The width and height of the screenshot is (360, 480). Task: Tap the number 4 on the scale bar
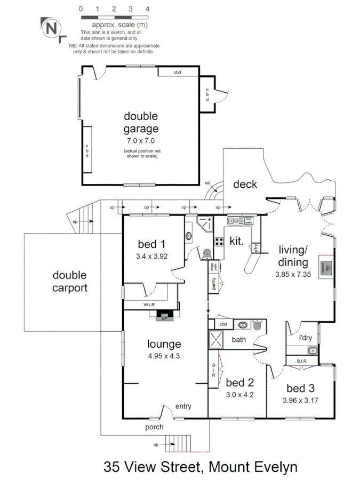click(x=147, y=9)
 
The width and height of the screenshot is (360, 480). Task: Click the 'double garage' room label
click(x=141, y=122)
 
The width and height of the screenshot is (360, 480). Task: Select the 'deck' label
click(x=245, y=185)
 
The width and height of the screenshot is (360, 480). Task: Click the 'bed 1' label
click(x=151, y=245)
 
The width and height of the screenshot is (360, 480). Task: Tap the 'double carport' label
click(x=69, y=282)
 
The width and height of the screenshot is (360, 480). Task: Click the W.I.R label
click(x=149, y=305)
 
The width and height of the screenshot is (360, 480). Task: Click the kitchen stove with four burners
click(x=219, y=241)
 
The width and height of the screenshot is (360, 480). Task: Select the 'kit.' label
click(x=237, y=241)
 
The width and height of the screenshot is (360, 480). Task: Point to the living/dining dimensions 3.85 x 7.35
click(x=292, y=274)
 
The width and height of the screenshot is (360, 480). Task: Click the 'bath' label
click(x=238, y=339)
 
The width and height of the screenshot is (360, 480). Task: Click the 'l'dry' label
click(x=305, y=337)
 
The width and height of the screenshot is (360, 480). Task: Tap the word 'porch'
click(x=154, y=427)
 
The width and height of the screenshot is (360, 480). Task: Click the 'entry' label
click(x=183, y=406)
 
